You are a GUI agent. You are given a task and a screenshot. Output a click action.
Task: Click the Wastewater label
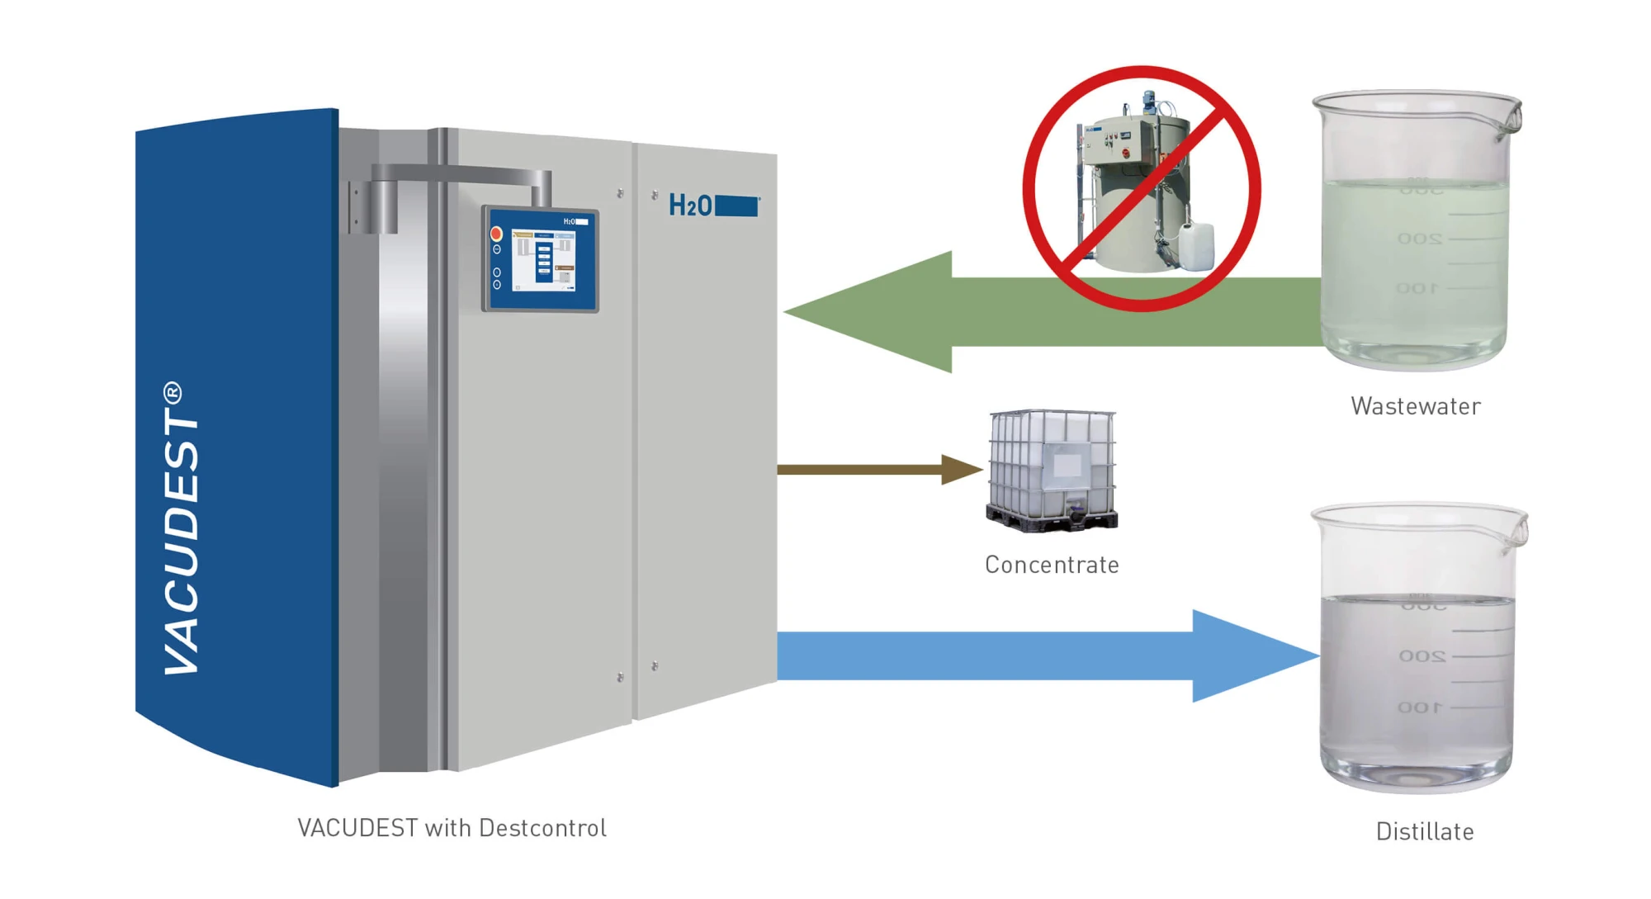[x=1415, y=406]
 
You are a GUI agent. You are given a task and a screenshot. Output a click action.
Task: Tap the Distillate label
[x=1424, y=831]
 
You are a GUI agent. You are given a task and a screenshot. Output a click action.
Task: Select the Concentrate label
[x=1052, y=565]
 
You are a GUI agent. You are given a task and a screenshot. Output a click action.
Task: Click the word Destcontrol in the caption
[x=542, y=828]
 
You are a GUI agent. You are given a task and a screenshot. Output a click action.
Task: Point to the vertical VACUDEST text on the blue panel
[x=182, y=528]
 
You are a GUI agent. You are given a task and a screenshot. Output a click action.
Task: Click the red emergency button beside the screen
[x=497, y=234]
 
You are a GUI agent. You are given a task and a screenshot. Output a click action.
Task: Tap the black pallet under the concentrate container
[x=1052, y=520]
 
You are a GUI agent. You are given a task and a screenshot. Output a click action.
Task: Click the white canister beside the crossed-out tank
[x=1195, y=246]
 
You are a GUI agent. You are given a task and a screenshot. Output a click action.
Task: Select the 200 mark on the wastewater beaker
[x=1420, y=239]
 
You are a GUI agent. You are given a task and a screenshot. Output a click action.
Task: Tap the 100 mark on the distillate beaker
[x=1420, y=707]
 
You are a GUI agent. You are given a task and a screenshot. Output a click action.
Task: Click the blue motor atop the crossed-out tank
[x=1148, y=101]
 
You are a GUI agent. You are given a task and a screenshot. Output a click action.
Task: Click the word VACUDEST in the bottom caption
[x=357, y=828]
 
